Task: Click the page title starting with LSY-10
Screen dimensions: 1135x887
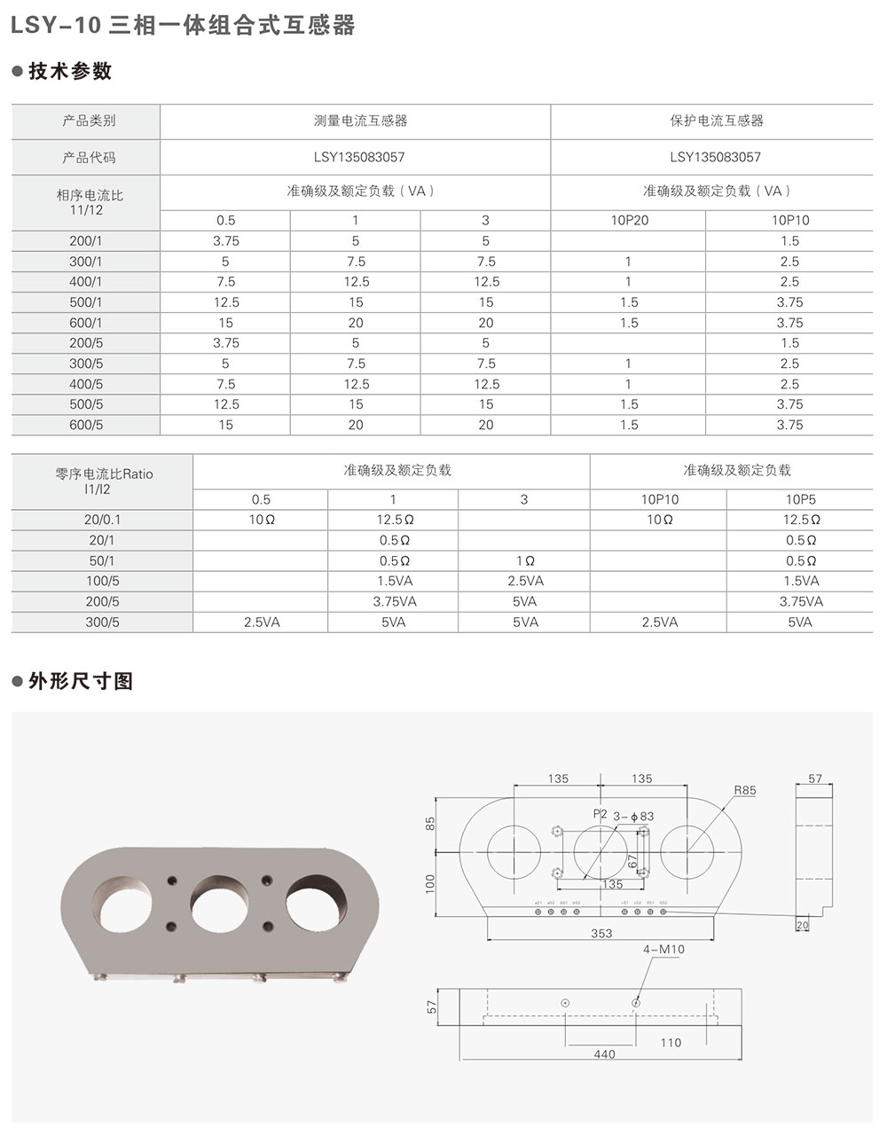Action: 182,26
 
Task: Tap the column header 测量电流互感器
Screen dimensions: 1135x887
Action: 355,121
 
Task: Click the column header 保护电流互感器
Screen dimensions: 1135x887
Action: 716,121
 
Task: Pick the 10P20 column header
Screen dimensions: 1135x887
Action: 629,221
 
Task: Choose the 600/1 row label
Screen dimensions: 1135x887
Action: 86,323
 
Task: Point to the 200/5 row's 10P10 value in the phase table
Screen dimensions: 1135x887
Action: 789,343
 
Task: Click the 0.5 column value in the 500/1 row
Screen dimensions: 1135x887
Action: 226,302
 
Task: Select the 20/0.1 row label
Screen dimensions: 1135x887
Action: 102,520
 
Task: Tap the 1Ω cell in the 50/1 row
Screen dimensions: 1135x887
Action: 524,560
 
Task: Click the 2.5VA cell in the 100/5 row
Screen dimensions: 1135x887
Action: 524,581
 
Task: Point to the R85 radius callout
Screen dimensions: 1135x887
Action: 744,791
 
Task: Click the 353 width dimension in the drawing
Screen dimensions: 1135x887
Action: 601,934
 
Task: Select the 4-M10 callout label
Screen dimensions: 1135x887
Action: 663,950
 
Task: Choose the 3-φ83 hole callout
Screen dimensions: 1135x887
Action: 634,816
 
